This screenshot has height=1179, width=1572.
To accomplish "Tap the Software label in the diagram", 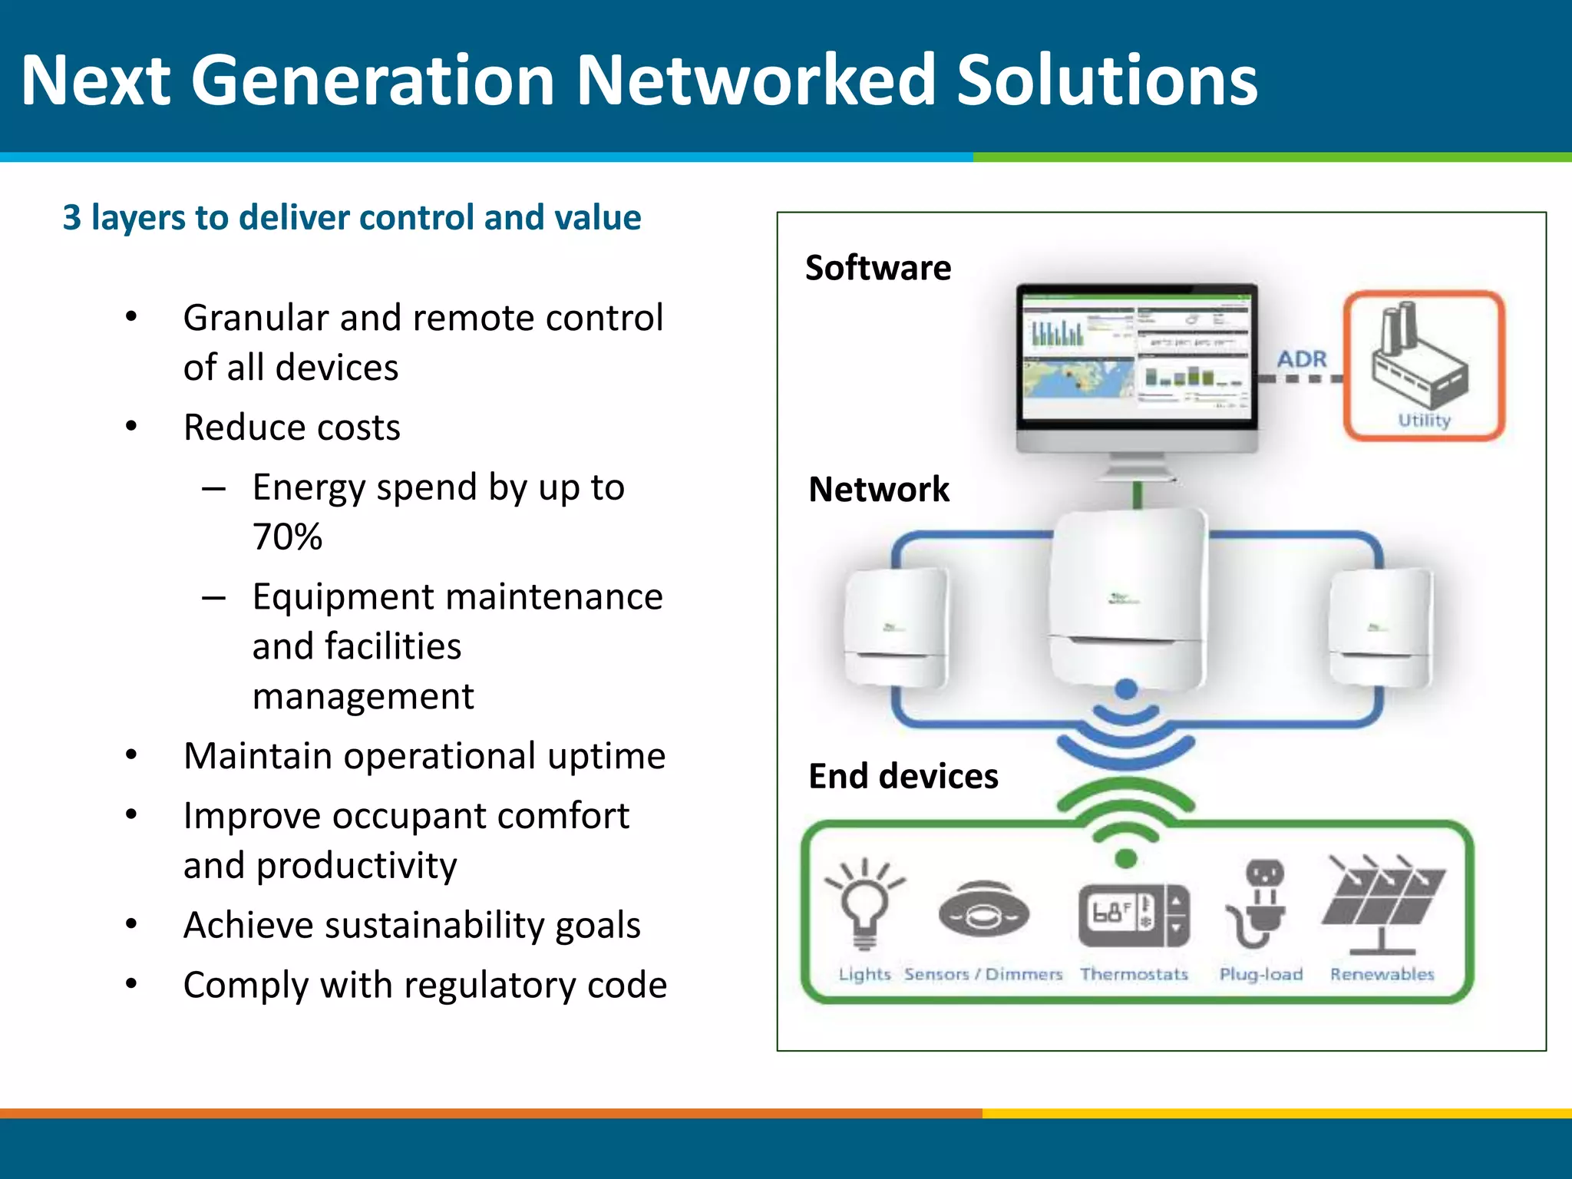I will coord(878,268).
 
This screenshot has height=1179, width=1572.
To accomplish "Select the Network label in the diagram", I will coord(879,490).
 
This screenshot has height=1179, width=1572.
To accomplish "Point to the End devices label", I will coord(903,776).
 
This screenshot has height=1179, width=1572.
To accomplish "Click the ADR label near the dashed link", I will coord(1302,358).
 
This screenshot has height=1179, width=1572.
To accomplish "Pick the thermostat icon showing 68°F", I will coord(1133,915).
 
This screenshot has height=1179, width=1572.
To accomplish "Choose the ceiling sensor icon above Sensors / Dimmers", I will coord(983,910).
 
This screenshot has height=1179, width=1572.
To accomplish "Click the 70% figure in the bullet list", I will coord(287,537).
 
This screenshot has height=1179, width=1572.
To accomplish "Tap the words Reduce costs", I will coord(292,428).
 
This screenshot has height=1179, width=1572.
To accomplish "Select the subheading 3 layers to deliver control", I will coord(352,218).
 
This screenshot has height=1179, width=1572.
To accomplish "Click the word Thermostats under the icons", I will coord(1133,974).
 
